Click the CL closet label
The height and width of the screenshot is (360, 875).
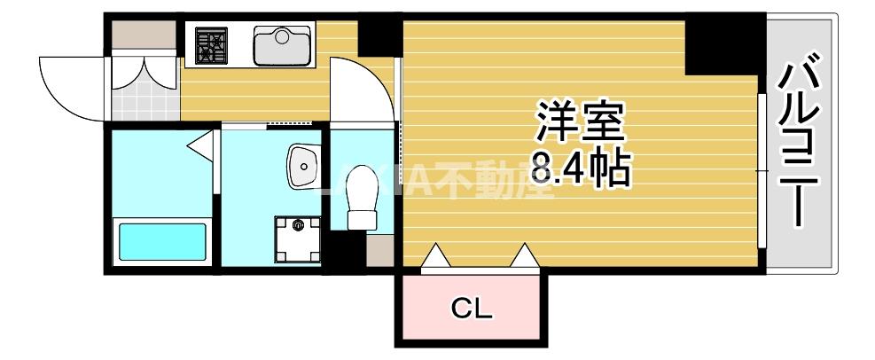pos(472,309)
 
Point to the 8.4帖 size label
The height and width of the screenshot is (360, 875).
pos(581,168)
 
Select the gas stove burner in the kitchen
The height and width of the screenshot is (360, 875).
pos(212,44)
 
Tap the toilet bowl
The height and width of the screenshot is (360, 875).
pos(361,198)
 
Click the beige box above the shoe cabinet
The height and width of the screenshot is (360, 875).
pos(144,36)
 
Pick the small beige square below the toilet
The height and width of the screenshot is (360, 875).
pos(379,251)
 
